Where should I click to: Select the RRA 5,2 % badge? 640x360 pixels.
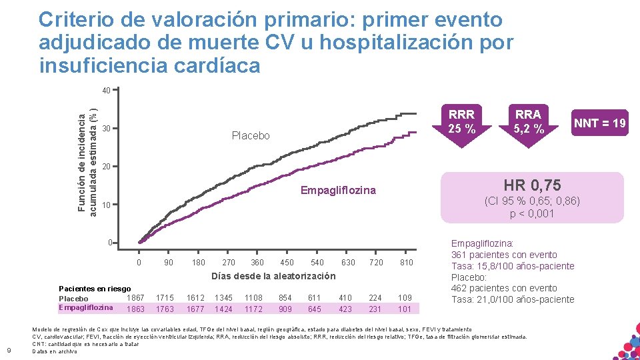[528, 121]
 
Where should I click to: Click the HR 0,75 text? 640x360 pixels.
[531, 185]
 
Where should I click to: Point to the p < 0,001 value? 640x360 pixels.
[531, 213]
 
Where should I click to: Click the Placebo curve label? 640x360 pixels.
[251, 136]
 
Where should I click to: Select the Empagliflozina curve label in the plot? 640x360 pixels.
[338, 191]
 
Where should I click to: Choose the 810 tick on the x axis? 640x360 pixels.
[405, 263]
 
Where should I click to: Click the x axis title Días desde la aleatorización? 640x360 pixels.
[273, 276]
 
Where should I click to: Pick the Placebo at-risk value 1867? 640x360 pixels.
[135, 297]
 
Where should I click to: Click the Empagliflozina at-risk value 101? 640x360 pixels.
[405, 309]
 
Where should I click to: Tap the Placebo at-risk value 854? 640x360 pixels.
[285, 297]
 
